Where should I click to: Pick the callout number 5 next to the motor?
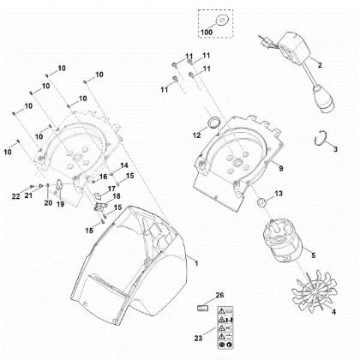[x=313, y=255]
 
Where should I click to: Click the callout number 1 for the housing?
[x=197, y=260]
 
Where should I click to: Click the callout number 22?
[x=16, y=197]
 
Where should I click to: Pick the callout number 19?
[x=60, y=204]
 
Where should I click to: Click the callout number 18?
[x=117, y=196]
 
